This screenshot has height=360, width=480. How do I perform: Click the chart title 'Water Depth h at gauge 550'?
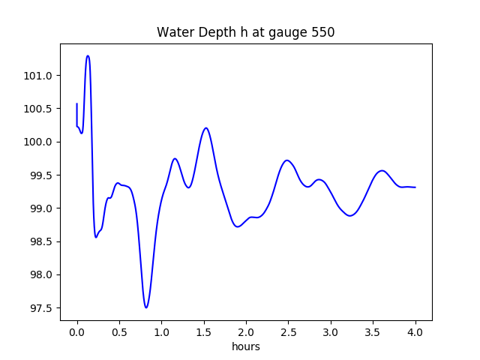(245, 32)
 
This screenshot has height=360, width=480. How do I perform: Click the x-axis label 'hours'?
(245, 346)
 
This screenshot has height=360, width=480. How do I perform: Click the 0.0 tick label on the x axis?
(77, 332)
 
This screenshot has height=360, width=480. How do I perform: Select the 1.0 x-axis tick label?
(161, 332)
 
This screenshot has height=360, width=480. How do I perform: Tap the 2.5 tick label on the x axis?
(288, 332)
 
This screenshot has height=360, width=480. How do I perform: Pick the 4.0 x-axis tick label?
(415, 332)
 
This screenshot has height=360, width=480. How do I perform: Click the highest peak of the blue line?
(88, 55)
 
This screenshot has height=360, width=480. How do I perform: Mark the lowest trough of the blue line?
(146, 307)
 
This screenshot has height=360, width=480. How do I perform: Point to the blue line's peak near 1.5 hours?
(206, 128)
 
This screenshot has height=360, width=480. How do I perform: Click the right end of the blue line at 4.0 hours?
(415, 187)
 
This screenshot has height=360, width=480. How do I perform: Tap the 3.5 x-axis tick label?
(373, 332)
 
